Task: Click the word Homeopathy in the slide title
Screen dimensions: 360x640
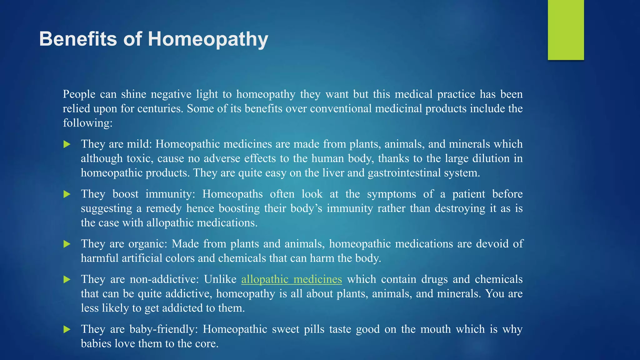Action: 208,40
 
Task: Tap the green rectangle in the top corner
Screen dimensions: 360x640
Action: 566,30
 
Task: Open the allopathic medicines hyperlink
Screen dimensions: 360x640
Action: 292,279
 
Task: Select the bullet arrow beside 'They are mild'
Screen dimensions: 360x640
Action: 67,144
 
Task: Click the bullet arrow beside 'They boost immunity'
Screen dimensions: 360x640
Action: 67,194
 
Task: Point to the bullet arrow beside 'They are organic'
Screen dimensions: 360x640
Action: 67,244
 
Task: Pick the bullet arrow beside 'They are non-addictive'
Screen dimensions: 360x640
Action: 67,279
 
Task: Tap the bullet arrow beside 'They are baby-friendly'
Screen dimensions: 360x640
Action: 67,329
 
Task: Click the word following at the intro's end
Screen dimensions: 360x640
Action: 87,123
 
